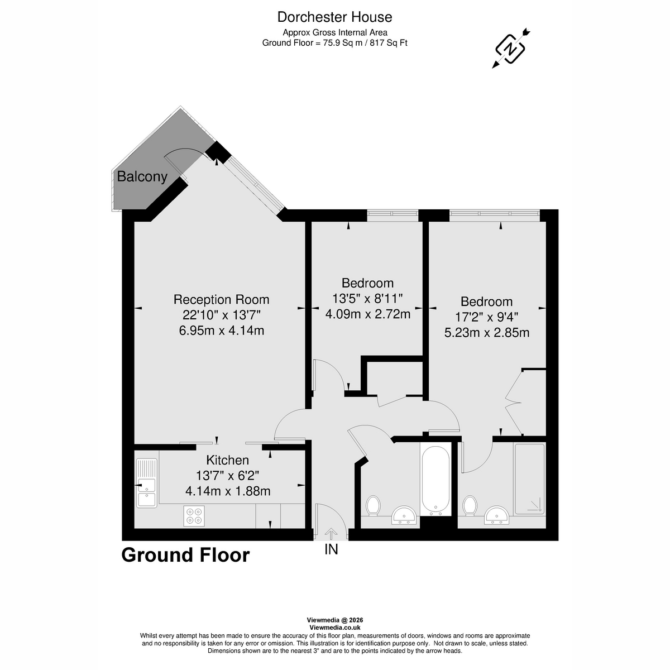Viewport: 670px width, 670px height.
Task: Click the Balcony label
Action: tap(142, 177)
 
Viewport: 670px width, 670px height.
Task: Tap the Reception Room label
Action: tap(221, 300)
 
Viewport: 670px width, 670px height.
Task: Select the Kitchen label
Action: tap(227, 461)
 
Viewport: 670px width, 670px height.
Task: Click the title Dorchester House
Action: tap(335, 17)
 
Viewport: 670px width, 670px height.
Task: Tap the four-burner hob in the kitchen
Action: tap(194, 515)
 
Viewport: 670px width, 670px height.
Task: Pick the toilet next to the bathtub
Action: tap(373, 506)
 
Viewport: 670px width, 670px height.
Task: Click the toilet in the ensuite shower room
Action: tap(470, 506)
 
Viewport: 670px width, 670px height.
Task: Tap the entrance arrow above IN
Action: tap(331, 533)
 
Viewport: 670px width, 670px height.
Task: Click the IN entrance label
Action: tap(331, 550)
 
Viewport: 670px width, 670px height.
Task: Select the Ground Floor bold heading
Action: tap(185, 556)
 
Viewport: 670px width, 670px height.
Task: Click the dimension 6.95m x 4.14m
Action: tap(221, 331)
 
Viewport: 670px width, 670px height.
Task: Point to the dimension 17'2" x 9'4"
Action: tap(486, 317)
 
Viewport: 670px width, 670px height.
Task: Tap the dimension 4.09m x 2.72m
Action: tap(367, 314)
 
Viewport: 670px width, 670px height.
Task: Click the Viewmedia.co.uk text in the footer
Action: tap(335, 628)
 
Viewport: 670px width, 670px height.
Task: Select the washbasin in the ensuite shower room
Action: tap(496, 515)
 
